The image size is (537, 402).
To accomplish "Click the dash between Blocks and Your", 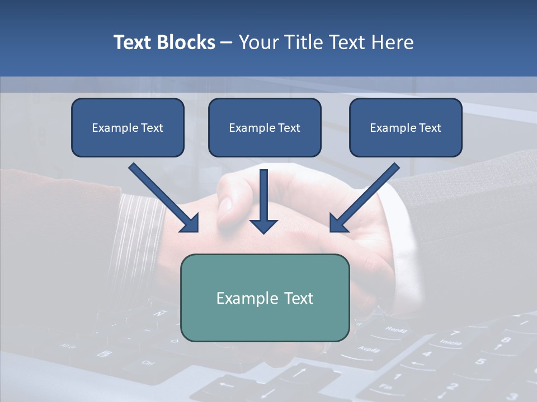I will [x=227, y=43].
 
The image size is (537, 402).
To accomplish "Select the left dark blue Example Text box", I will [x=128, y=127].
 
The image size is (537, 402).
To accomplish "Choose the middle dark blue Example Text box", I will [x=265, y=127].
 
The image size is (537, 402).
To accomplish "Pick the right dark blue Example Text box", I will [x=406, y=127].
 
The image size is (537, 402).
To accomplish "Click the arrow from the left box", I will [x=165, y=198].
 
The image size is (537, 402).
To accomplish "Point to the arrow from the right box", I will [x=364, y=198].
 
